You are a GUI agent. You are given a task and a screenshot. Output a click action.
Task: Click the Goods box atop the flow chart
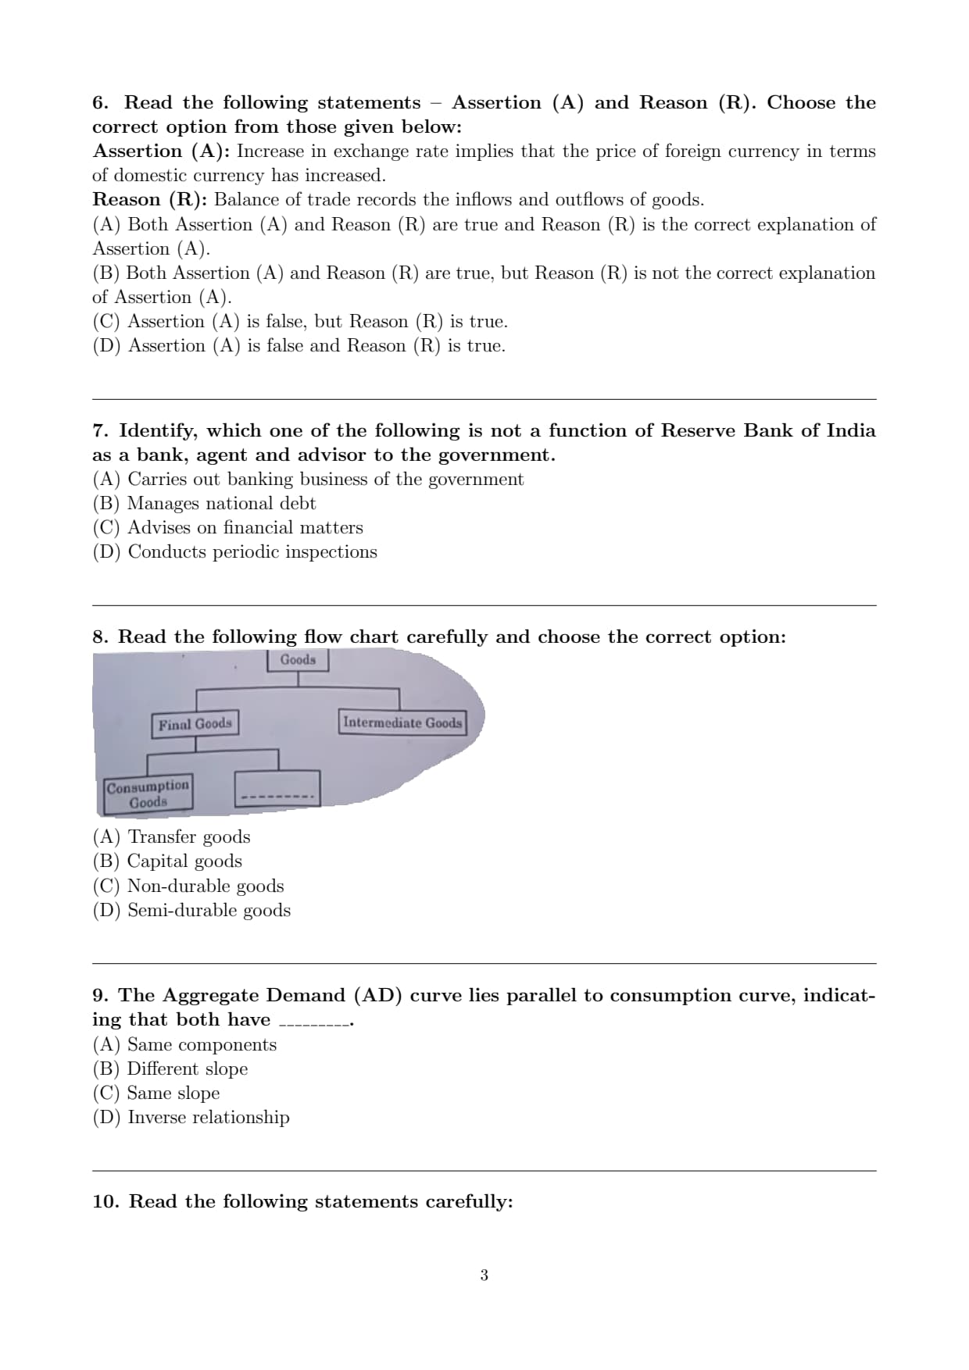(x=298, y=660)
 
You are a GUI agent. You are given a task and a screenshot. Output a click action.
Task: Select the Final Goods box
(x=195, y=724)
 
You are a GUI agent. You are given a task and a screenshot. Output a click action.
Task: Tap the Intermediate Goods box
(x=402, y=722)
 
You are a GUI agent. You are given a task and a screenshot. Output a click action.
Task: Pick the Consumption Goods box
(x=148, y=794)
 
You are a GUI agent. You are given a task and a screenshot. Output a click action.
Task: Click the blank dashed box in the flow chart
(x=277, y=789)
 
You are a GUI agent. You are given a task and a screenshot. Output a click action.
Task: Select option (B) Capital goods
(x=167, y=861)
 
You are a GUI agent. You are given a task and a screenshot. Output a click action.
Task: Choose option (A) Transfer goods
(x=171, y=837)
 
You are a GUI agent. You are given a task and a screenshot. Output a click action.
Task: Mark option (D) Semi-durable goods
(x=191, y=910)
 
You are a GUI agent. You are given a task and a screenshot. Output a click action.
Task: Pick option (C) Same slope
(x=156, y=1093)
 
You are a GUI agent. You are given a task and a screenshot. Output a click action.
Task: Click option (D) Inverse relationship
(x=191, y=1117)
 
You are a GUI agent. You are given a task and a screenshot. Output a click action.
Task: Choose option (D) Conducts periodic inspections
(x=234, y=551)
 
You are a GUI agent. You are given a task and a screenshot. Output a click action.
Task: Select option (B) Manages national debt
(x=204, y=503)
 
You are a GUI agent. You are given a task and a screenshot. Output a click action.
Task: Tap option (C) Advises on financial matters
(x=227, y=527)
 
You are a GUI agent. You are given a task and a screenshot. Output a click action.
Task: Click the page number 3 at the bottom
(x=484, y=1275)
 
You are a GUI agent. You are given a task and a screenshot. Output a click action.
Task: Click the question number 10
(x=105, y=1201)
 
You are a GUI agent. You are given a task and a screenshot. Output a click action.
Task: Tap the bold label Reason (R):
(x=149, y=200)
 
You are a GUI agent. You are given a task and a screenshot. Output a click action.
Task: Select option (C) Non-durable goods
(x=188, y=886)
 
